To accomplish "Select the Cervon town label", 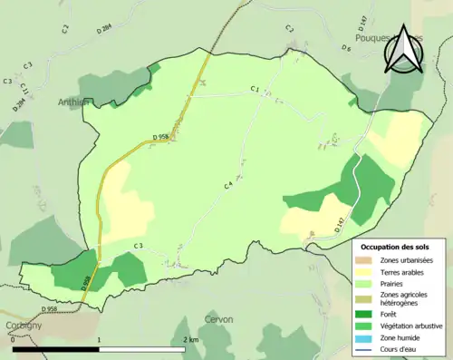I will tap(218, 319).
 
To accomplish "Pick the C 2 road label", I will tap(290, 29).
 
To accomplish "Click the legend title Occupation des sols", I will tap(396, 246).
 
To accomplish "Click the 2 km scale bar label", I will tap(191, 339).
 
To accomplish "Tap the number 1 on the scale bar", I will tap(98, 339).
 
